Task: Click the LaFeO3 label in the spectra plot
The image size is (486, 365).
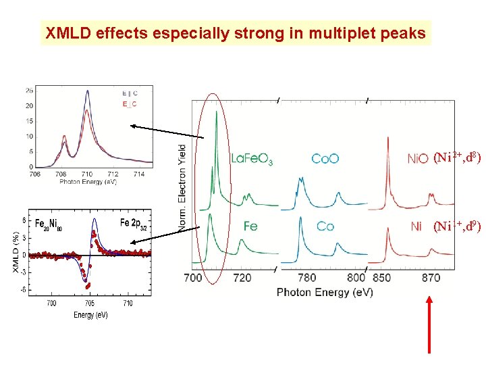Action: click(251, 160)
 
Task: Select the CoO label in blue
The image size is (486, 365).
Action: click(325, 160)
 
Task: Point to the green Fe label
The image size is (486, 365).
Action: click(250, 226)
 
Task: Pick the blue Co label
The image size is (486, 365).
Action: click(325, 226)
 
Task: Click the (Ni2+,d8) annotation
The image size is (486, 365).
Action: click(457, 158)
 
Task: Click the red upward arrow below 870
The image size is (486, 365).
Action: click(430, 324)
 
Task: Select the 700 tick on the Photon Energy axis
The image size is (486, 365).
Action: click(192, 278)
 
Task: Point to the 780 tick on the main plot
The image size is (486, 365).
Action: click(306, 278)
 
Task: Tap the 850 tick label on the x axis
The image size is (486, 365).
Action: click(381, 278)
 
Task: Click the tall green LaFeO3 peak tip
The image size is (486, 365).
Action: click(216, 112)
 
